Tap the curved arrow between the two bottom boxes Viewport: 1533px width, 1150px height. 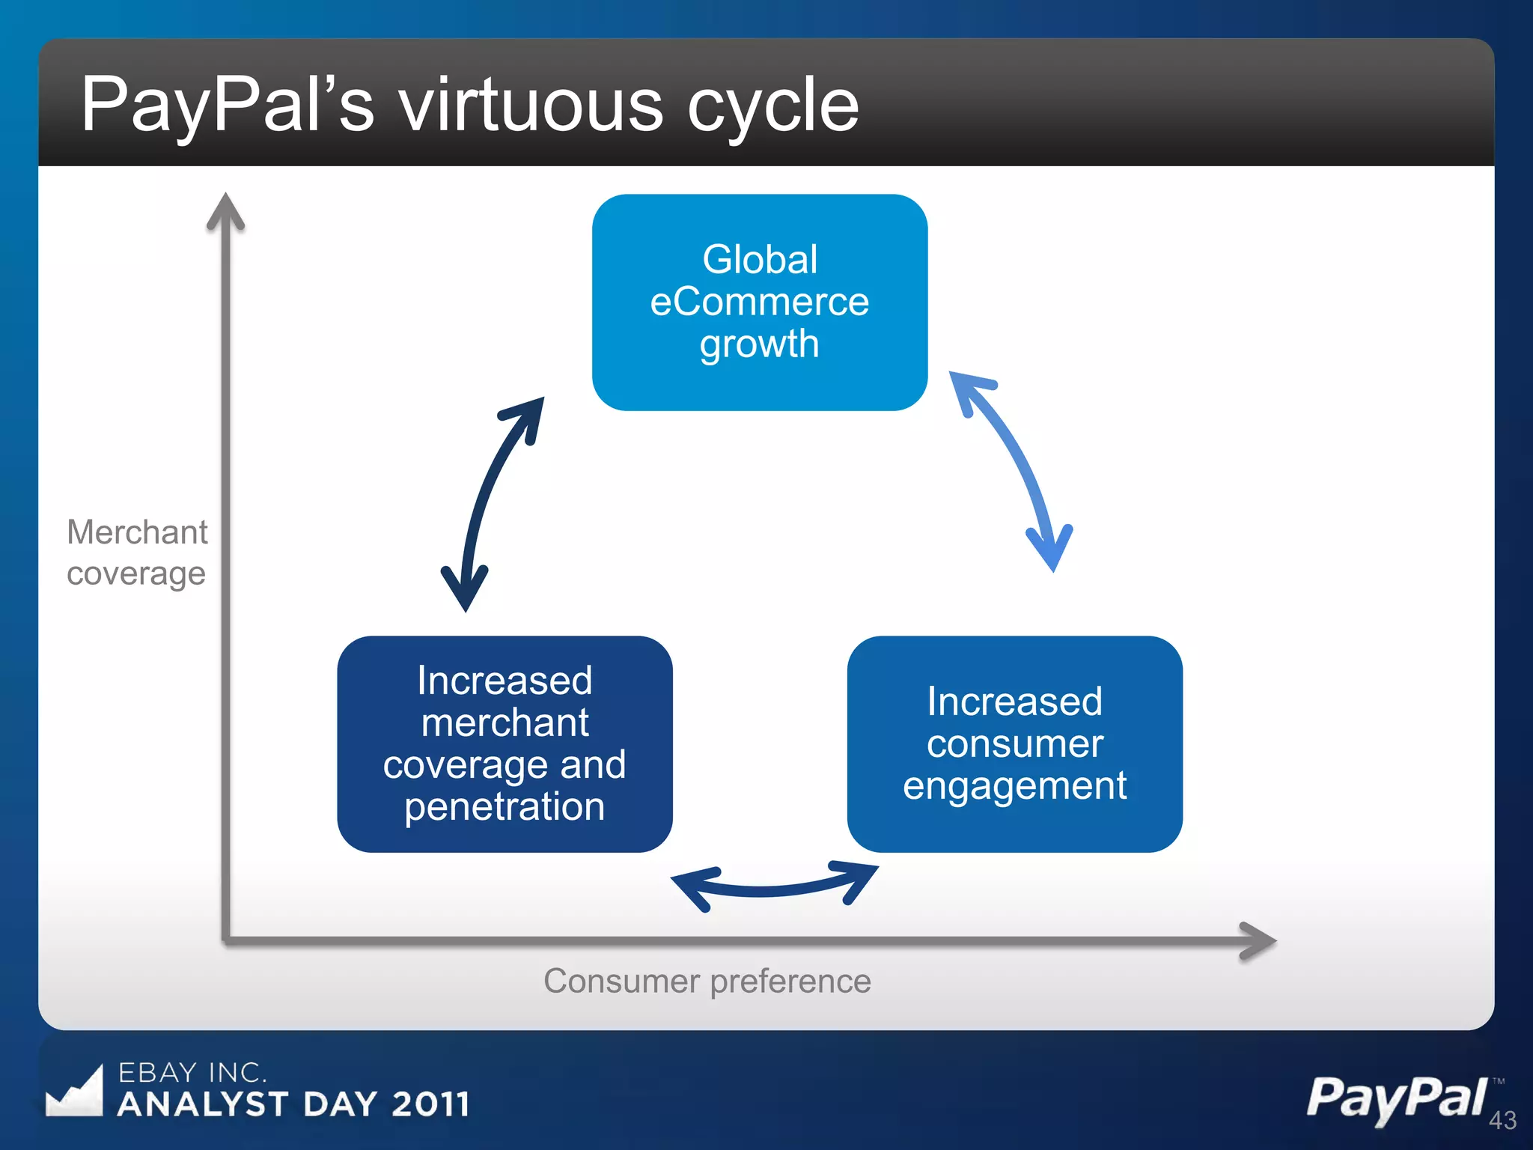click(x=774, y=889)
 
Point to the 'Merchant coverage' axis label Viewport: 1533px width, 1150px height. click(x=137, y=553)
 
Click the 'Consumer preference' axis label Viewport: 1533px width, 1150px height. click(x=707, y=981)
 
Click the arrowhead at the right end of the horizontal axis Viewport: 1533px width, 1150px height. click(x=1257, y=940)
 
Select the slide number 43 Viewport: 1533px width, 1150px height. click(x=1502, y=1120)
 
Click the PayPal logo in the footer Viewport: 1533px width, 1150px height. click(x=1397, y=1098)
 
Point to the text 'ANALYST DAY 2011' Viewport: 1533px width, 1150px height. click(x=293, y=1104)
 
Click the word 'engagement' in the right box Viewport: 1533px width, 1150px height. click(x=1014, y=786)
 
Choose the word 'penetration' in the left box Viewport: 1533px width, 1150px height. click(x=505, y=807)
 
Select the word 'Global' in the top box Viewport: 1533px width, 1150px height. click(x=759, y=260)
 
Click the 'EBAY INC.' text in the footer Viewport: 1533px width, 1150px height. click(x=192, y=1072)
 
